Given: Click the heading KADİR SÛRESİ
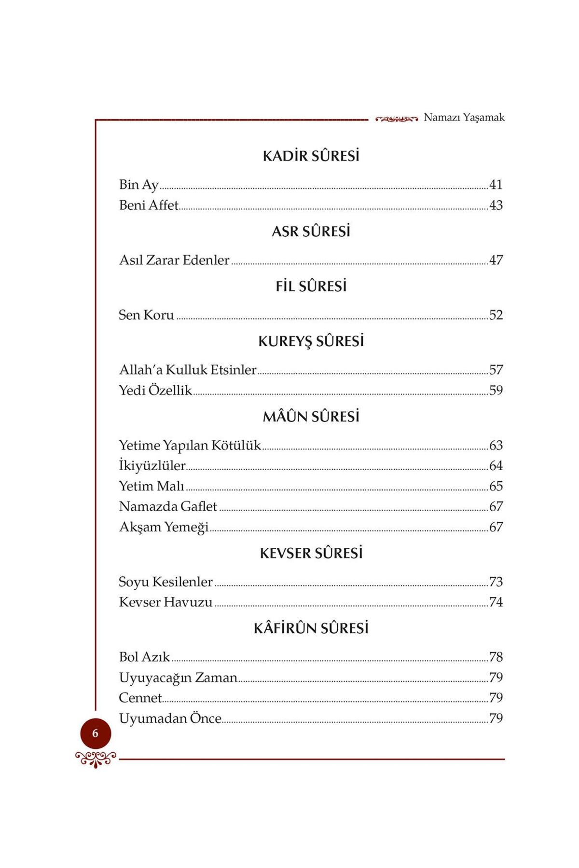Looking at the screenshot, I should [x=311, y=156].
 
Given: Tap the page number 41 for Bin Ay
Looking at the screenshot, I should [x=496, y=185].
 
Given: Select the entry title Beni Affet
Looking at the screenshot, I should [x=149, y=205].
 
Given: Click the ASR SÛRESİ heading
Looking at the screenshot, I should [x=311, y=231].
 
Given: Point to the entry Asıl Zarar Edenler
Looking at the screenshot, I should [x=174, y=260].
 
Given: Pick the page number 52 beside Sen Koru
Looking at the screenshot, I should [x=496, y=315].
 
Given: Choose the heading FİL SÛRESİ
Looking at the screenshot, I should [x=311, y=286].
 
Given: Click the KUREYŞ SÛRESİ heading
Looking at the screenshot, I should [x=311, y=341].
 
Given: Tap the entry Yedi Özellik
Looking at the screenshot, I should [x=155, y=390].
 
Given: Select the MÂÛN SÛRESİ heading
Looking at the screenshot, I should [x=311, y=417].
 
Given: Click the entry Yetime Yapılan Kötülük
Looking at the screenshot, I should [x=190, y=445].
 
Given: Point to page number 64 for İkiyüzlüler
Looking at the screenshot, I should [x=496, y=466].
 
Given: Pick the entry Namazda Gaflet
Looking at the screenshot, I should [x=168, y=506].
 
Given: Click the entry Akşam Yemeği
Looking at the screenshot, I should [x=164, y=527].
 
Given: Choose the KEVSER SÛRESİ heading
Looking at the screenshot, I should [x=311, y=553].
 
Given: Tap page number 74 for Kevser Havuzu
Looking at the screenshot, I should [x=496, y=602].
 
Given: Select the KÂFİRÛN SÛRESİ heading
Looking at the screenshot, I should [x=311, y=628].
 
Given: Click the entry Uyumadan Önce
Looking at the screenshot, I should [x=170, y=719].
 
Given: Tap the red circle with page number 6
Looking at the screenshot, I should [x=96, y=733].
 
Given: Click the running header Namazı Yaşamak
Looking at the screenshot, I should [x=464, y=118].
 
